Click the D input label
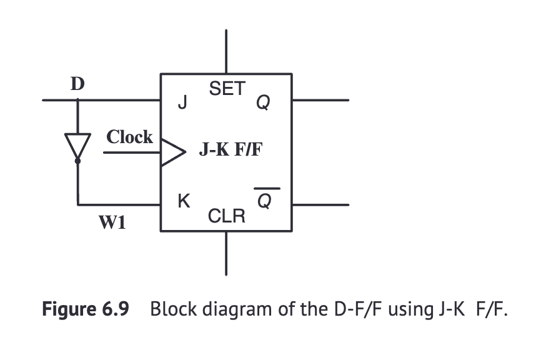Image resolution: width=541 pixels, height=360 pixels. pyautogui.click(x=77, y=84)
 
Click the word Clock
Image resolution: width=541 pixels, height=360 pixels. pyautogui.click(x=129, y=137)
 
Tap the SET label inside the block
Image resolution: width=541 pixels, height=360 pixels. pyautogui.click(x=227, y=89)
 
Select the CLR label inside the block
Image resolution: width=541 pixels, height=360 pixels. pyautogui.click(x=226, y=217)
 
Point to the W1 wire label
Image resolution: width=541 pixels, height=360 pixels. pyautogui.click(x=113, y=221)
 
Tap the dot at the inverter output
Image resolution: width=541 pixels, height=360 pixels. pyautogui.click(x=78, y=161)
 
